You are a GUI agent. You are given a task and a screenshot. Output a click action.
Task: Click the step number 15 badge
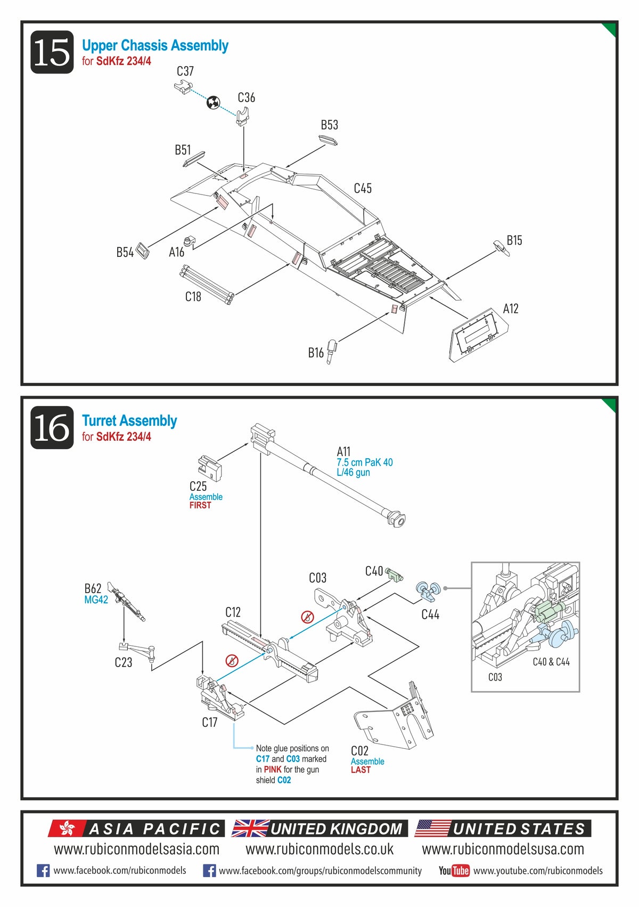coord(52,52)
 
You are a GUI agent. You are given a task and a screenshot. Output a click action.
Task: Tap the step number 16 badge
coord(52,427)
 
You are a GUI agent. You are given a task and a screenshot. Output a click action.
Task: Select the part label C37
coord(185,71)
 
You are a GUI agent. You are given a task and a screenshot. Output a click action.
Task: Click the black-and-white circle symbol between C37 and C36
coord(213,102)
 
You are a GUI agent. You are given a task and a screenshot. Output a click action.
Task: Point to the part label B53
coord(329,125)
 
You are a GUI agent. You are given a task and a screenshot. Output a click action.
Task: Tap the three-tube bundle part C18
coord(206,285)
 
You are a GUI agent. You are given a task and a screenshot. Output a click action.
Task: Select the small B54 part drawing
coord(143,250)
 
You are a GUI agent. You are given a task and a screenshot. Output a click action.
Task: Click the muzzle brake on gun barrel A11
coord(397,517)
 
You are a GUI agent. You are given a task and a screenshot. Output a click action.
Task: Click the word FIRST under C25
coord(200,505)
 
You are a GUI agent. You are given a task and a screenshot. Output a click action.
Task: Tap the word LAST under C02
coord(361,770)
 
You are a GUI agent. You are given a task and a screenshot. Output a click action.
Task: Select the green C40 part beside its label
coord(394,574)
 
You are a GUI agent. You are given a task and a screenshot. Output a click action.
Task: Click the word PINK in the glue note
coord(273,770)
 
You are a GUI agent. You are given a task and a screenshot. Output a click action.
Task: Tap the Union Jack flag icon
coord(250,828)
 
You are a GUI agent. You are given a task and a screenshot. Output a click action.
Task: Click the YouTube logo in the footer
coord(454,871)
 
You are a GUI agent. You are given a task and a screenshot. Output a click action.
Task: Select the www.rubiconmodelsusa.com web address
coord(503,849)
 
